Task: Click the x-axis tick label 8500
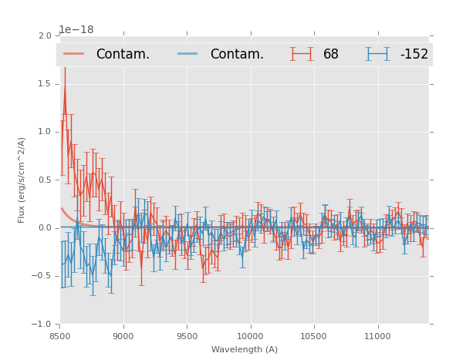[x=60, y=336]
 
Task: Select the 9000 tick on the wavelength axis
[x=123, y=336]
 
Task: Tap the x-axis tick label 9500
[x=187, y=336]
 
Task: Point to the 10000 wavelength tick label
[x=250, y=336]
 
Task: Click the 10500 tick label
[x=314, y=336]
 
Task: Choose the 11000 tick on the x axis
[x=377, y=336]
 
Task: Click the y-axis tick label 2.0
[x=45, y=35]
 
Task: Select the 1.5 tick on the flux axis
[x=45, y=84]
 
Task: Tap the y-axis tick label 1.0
[x=45, y=132]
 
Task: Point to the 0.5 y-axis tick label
[x=45, y=180]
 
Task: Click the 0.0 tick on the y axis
[x=45, y=228]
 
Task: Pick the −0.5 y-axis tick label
[x=42, y=276]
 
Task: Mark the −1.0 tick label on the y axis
[x=42, y=325]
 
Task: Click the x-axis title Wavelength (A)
[x=245, y=349]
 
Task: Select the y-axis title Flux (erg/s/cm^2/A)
[x=22, y=180]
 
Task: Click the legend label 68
[x=331, y=54]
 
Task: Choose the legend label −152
[x=414, y=54]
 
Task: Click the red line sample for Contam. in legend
[x=75, y=54]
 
